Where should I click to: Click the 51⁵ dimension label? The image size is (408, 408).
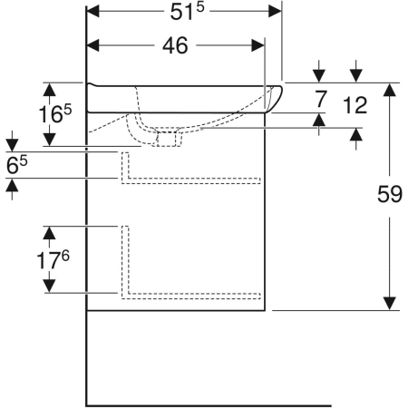pos(187,12)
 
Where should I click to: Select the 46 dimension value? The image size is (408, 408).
pos(175,45)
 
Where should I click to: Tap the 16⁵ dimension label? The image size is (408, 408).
pos(55,113)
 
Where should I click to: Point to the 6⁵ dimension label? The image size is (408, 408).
pos(17,165)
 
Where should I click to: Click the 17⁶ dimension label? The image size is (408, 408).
pos(53,260)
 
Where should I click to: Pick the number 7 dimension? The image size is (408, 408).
pos(321,99)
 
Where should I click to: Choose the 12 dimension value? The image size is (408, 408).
pos(355,105)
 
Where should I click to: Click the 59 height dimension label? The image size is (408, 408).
pos(390,194)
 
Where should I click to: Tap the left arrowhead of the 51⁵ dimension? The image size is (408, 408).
pos(92,12)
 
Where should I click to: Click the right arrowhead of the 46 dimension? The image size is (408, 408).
pos(257,45)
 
